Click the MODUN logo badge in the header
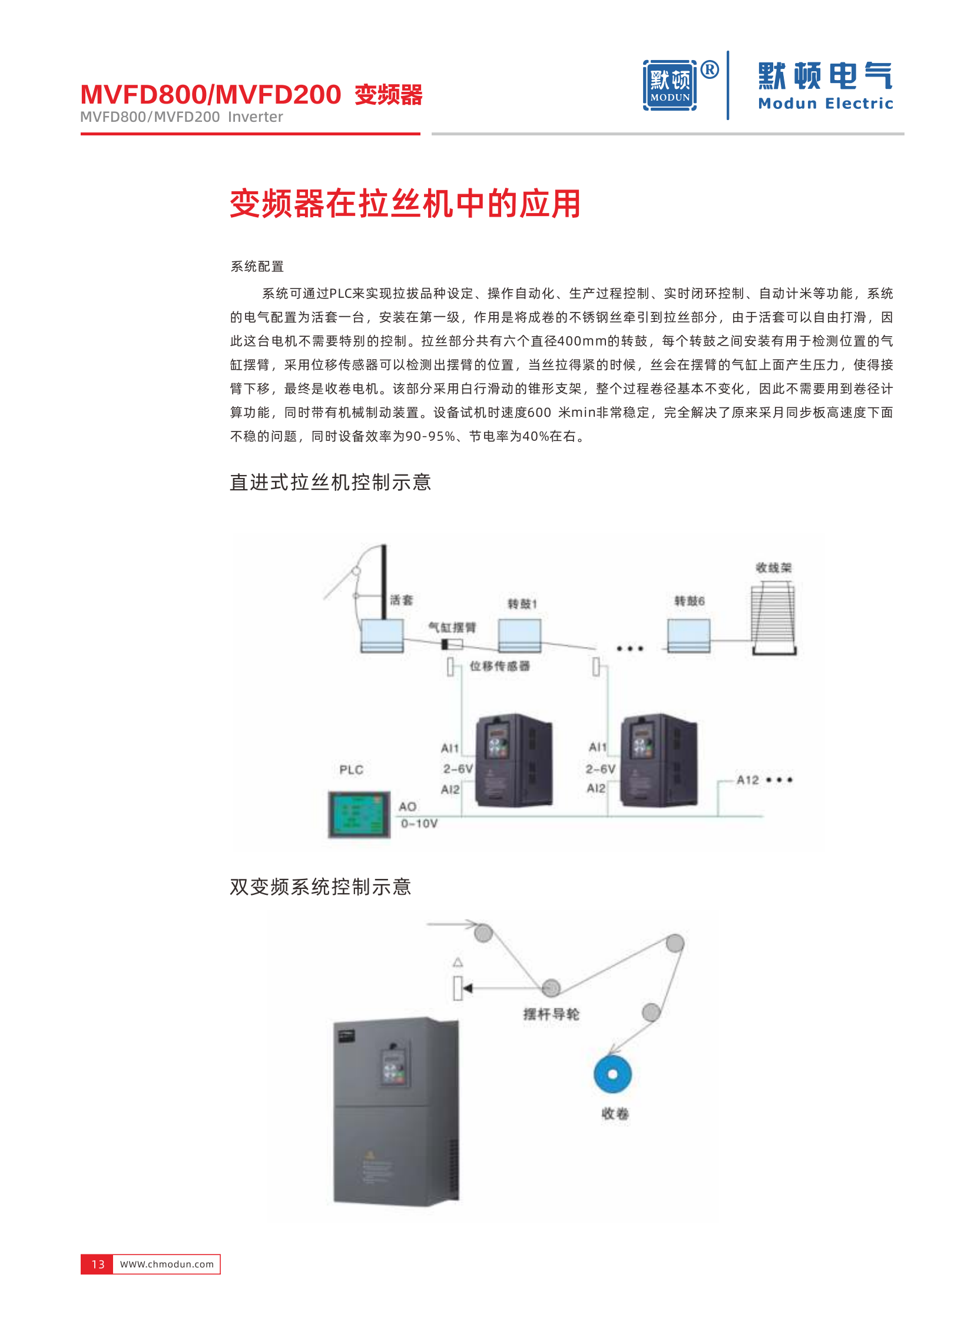pos(670,85)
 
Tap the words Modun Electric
pos(825,104)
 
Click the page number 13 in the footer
pos(97,1264)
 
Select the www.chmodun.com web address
pos(167,1264)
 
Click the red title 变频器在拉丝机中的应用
pos(405,204)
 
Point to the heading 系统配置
pos(257,267)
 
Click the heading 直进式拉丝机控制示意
pos(330,482)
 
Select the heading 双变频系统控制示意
pos(320,887)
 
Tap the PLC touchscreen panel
pos(359,814)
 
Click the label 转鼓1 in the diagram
pos(522,603)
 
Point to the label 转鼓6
pos(689,600)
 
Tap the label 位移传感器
pos(499,666)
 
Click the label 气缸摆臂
pos(452,627)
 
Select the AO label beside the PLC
pos(408,806)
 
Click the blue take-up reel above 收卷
pos(612,1074)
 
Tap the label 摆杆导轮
pos(551,1014)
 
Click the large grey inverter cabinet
pos(396,1111)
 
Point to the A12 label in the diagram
pos(748,780)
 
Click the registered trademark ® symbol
pos(710,70)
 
